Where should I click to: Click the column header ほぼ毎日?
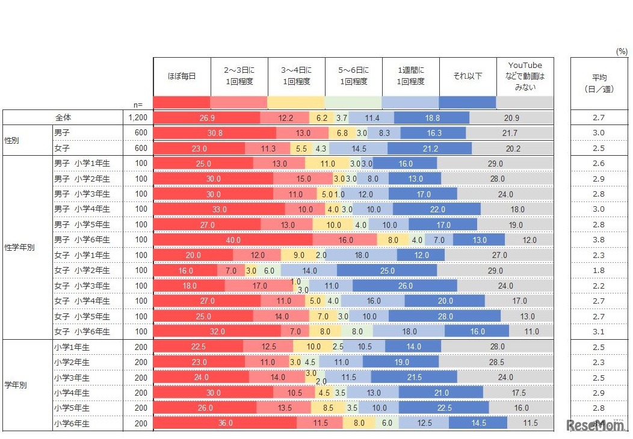coord(182,76)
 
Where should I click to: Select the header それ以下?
coord(468,76)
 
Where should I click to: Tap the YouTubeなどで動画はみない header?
coord(525,76)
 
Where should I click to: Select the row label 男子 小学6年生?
coord(82,240)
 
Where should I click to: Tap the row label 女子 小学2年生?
coord(82,271)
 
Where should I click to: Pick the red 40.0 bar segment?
coord(233,240)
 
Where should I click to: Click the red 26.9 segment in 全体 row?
coord(207,118)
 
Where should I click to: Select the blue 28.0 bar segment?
coord(445,316)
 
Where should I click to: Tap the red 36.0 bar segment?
coord(225,423)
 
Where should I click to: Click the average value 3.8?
coord(598,240)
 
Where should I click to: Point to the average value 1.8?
coord(598,271)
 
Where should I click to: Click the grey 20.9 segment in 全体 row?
coord(511,118)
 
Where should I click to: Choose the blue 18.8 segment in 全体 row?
coord(432,118)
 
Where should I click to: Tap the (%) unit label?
coord(621,52)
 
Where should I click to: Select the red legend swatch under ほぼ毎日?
coord(182,102)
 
